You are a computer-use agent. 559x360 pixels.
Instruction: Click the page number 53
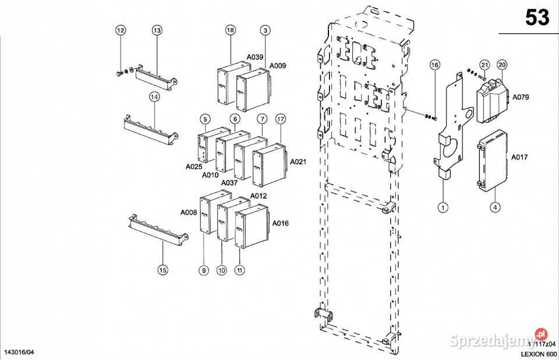(537, 18)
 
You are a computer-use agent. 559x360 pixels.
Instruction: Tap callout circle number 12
(121, 30)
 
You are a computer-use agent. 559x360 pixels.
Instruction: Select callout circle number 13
(157, 30)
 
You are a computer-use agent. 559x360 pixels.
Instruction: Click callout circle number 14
(154, 97)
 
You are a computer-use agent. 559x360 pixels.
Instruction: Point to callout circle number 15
(163, 270)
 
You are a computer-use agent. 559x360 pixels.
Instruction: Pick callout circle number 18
(230, 30)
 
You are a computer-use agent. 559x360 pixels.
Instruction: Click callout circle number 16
(434, 65)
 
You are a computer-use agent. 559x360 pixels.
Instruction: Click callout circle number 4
(495, 206)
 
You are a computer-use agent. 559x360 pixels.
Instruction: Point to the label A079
(520, 97)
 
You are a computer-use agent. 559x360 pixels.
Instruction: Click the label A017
(519, 157)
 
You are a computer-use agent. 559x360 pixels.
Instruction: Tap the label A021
(298, 161)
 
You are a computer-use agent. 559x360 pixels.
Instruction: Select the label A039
(255, 57)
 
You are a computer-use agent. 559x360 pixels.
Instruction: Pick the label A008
(189, 212)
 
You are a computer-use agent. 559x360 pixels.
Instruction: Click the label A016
(280, 223)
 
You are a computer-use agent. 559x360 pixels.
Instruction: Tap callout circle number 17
(281, 119)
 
